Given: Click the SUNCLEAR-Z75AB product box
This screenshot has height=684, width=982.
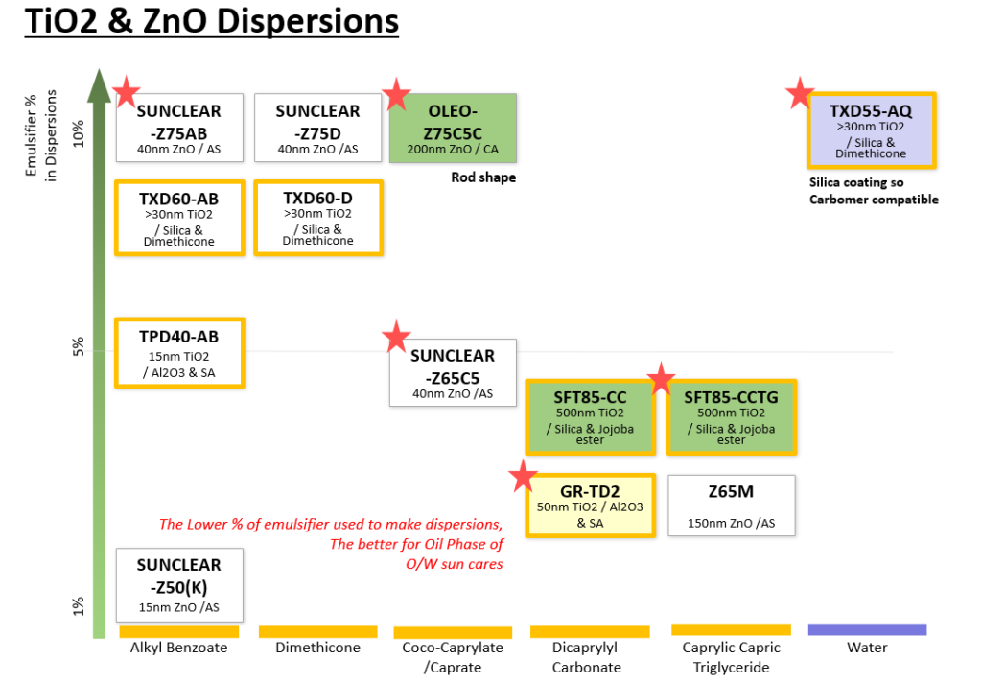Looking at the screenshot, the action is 179,128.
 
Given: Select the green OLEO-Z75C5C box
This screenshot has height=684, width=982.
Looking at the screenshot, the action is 453,128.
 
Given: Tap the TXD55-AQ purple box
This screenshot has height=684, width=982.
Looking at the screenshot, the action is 871,130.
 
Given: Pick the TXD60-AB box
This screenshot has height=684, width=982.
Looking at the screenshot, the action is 179,218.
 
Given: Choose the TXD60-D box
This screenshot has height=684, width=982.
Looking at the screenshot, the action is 318,218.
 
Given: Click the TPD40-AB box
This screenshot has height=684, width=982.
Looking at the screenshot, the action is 179,353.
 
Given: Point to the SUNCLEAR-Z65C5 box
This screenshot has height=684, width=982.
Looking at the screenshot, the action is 453,372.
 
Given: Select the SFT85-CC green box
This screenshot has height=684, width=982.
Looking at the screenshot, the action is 590,416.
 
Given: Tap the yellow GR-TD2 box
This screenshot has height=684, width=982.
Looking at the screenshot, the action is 590,506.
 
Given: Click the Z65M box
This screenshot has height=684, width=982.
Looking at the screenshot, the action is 732,506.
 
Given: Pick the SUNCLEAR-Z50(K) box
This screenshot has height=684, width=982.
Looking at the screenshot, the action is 179,585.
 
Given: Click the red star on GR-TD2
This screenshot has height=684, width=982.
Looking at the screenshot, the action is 523,476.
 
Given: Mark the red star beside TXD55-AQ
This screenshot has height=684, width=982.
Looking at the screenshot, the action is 801,93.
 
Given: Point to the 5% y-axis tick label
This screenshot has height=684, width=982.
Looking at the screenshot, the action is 79,347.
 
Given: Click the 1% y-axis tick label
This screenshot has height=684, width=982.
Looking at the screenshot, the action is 79,606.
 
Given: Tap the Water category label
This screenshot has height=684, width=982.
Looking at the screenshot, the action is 867,647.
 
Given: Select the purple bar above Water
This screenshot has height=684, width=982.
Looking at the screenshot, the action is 867,629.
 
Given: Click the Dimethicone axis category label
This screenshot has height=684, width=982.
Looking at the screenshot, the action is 318,647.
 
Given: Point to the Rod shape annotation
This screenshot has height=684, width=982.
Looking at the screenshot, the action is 483,177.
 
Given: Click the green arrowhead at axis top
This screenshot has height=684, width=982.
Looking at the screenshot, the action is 99,85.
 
